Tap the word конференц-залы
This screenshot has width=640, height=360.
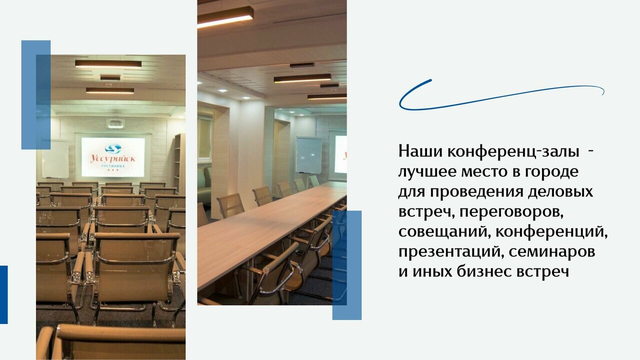(x=513, y=152)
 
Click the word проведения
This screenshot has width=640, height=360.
(x=474, y=192)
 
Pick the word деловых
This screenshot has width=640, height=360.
(x=560, y=192)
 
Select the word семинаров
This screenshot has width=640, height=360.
(x=552, y=252)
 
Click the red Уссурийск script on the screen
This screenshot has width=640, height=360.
(x=113, y=158)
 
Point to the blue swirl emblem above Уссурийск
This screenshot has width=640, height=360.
(x=113, y=148)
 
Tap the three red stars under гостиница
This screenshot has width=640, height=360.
(x=112, y=170)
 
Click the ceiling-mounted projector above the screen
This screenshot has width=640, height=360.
(x=115, y=123)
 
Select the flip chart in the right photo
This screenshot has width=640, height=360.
(x=308, y=155)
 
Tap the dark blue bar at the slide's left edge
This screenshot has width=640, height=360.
(x=3, y=294)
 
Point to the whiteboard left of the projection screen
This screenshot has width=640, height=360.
(x=55, y=159)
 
